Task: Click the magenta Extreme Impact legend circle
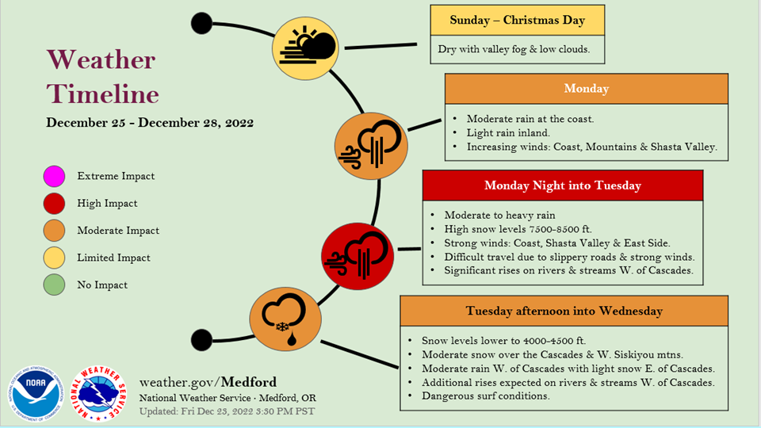click(54, 176)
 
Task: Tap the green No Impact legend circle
click(54, 285)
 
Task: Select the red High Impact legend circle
click(54, 204)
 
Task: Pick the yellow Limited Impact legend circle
click(54, 258)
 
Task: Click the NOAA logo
click(36, 394)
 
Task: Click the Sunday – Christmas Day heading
click(518, 20)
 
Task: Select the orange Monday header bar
click(587, 88)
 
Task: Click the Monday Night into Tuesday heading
click(563, 185)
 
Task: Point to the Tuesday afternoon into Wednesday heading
click(564, 311)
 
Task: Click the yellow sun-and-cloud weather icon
click(305, 48)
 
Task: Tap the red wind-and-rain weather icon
click(358, 256)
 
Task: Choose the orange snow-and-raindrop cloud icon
click(285, 319)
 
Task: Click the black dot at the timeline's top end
click(201, 23)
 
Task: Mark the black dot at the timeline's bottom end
click(201, 340)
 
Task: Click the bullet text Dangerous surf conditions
click(486, 396)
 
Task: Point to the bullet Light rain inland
click(508, 132)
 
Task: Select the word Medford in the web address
click(249, 382)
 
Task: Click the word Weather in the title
click(101, 59)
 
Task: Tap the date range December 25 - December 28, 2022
click(150, 122)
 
